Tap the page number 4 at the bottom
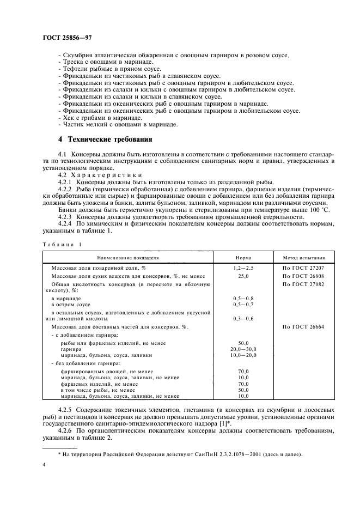pos(44,464)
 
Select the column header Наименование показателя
pos(129,256)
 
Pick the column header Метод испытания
pos(304,256)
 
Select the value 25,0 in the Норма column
pos(243,277)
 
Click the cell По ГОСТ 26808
pos(304,277)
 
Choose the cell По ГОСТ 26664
pos(304,326)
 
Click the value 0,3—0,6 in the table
pos(243,318)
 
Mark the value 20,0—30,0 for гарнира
pos(243,348)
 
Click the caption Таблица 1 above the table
pos(61,244)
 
